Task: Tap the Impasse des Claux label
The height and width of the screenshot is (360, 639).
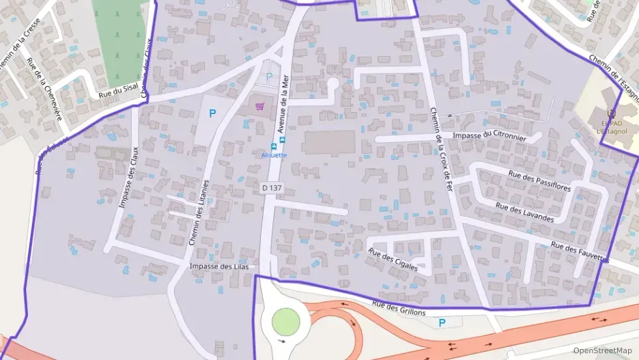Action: click(129, 178)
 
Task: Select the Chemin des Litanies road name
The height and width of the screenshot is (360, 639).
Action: click(199, 212)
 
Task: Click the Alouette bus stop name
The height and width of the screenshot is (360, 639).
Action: click(274, 155)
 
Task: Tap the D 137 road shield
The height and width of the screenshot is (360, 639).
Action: click(272, 187)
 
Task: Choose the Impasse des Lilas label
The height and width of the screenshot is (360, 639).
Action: click(214, 266)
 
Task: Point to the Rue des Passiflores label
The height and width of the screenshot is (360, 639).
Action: click(539, 181)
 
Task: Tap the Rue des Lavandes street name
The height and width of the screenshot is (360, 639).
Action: click(524, 212)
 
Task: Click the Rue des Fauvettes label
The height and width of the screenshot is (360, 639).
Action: click(580, 253)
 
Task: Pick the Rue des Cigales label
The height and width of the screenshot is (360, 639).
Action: click(393, 260)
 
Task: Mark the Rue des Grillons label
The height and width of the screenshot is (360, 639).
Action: click(399, 308)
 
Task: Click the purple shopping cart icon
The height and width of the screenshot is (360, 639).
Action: click(260, 106)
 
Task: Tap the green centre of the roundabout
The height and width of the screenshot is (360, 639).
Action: click(285, 321)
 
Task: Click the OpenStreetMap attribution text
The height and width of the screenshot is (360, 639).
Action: click(603, 350)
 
